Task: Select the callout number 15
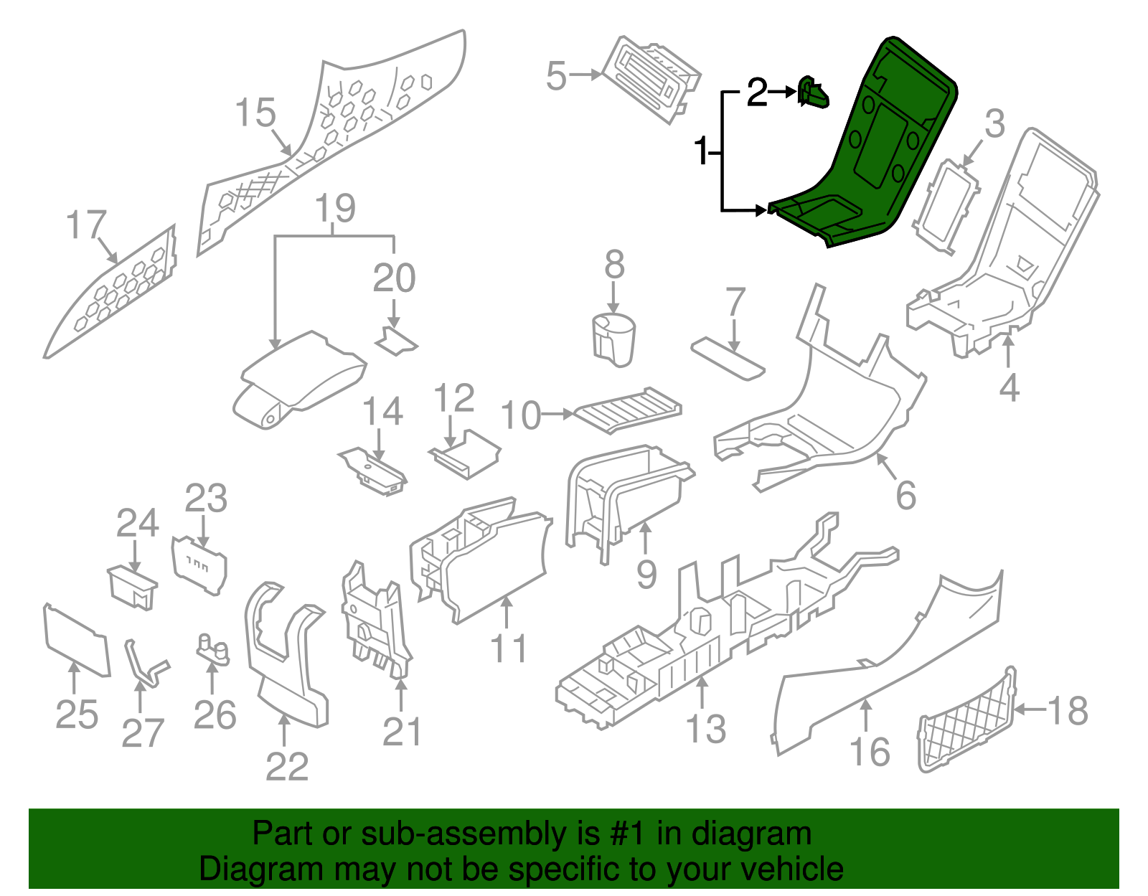[255, 113]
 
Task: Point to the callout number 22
[286, 767]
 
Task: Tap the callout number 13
[707, 730]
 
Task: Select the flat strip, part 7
[728, 359]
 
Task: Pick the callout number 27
[143, 733]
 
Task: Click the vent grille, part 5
[649, 79]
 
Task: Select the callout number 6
[905, 495]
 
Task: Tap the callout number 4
[1009, 388]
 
